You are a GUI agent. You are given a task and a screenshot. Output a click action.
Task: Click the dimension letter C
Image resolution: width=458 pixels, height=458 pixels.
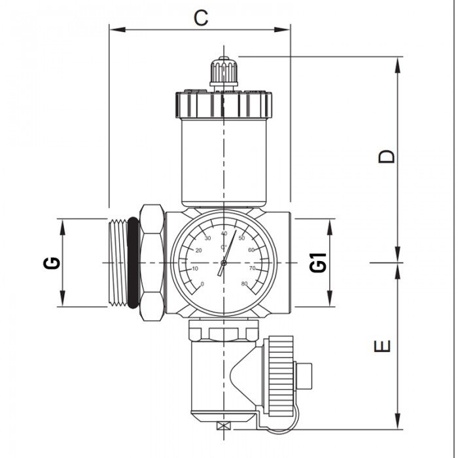(x=201, y=18)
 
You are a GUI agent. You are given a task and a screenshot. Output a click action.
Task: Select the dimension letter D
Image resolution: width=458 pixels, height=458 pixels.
(x=387, y=156)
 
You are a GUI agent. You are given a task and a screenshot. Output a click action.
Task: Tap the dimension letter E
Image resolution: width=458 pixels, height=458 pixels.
(x=386, y=345)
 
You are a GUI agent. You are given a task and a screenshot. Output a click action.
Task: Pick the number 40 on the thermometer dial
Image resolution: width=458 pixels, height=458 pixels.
(x=224, y=234)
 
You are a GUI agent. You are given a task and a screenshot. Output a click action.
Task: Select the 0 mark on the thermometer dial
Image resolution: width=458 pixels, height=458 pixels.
(x=202, y=283)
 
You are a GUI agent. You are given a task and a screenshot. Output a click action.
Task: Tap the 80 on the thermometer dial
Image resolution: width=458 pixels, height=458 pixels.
(x=244, y=283)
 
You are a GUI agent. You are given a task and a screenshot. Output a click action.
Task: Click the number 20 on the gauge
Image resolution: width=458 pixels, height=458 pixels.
(x=198, y=250)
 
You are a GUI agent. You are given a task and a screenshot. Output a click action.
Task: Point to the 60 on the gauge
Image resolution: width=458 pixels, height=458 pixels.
(x=251, y=250)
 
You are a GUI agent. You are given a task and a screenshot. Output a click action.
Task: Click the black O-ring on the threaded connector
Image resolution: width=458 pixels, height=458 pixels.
(x=133, y=263)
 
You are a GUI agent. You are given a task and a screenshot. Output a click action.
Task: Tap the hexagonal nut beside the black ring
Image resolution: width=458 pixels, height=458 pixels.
(x=151, y=263)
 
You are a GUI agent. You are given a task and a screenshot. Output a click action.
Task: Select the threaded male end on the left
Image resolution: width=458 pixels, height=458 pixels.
(x=117, y=263)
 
